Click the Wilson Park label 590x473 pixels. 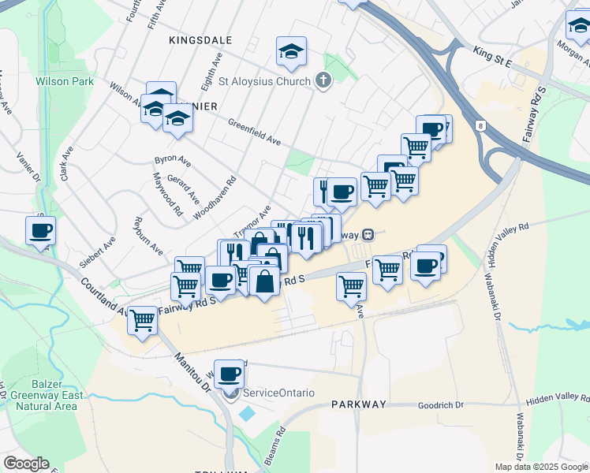[65, 81]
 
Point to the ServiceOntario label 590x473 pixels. [278, 393]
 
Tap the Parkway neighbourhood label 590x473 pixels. [358, 404]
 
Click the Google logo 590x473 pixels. [26, 464]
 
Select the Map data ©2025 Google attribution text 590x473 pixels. [540, 467]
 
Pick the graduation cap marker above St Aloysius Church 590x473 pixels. [291, 52]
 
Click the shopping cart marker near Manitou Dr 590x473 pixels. [142, 320]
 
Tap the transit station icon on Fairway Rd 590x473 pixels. [368, 235]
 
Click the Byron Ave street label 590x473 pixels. [173, 160]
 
